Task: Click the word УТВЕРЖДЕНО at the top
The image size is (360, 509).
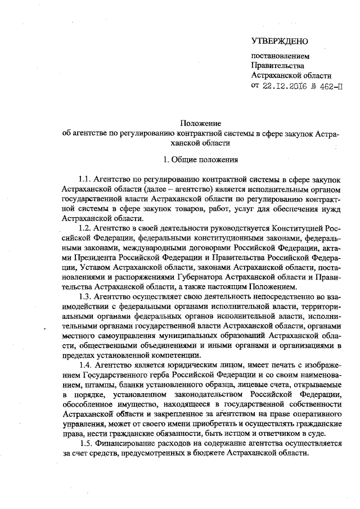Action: click(x=280, y=42)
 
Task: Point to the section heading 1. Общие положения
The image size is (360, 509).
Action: click(x=201, y=158)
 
